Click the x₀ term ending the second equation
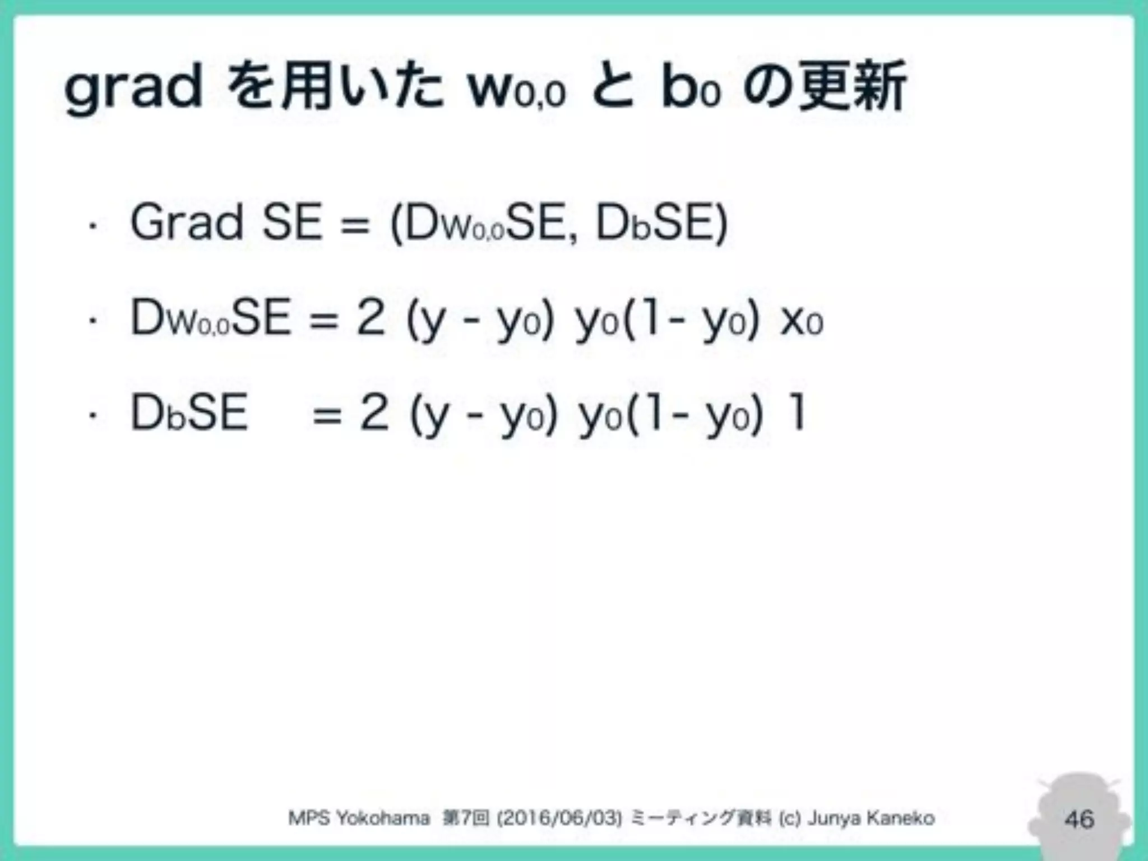point(802,321)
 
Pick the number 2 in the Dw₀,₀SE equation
point(371,318)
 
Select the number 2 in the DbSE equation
point(374,413)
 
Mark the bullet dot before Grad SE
point(93,226)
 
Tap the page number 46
point(1079,819)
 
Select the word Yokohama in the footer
point(383,818)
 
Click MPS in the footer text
point(308,818)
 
